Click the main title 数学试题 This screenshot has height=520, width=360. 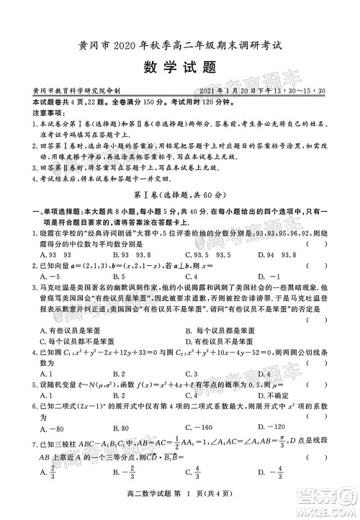tap(179, 67)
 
